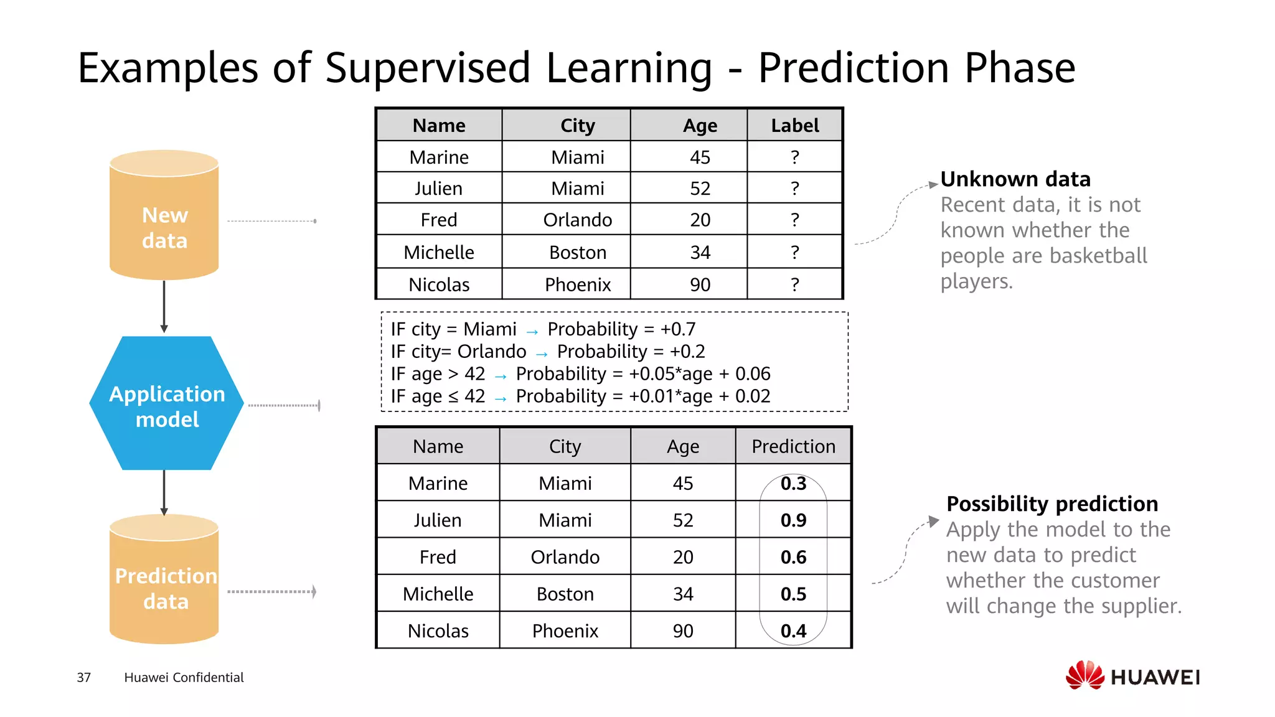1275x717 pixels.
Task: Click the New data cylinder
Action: [x=164, y=215]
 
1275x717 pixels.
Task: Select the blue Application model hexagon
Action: [x=167, y=403]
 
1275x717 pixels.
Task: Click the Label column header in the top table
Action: [x=794, y=126]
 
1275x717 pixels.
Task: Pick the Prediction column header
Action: [x=793, y=446]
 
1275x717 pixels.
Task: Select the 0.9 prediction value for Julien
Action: [x=793, y=520]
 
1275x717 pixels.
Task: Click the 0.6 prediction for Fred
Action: [x=793, y=557]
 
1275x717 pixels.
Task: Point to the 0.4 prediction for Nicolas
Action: [x=793, y=631]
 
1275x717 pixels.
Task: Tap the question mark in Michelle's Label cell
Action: [x=794, y=252]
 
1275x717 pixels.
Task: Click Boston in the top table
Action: [x=578, y=252]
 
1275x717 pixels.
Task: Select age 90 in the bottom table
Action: [x=683, y=631]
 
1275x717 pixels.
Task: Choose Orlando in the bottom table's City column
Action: [x=565, y=557]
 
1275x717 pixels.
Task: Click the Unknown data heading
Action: [x=1015, y=179]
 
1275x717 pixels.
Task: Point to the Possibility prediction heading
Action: [x=1052, y=504]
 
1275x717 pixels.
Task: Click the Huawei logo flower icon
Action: [x=1084, y=675]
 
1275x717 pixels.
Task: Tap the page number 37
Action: [x=83, y=677]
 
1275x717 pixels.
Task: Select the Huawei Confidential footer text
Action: [x=184, y=677]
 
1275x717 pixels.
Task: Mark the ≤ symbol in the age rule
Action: [x=456, y=396]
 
